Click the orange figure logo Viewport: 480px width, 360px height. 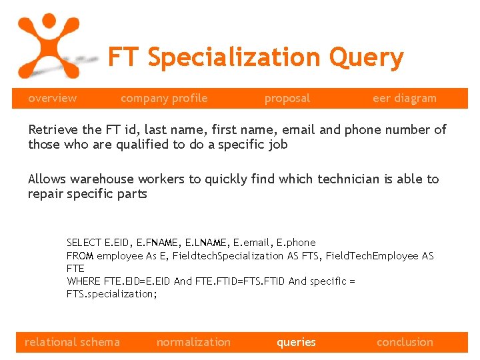(x=47, y=44)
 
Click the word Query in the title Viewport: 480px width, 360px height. (x=366, y=58)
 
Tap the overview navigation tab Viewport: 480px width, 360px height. (x=52, y=98)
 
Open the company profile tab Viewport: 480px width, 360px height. (x=164, y=98)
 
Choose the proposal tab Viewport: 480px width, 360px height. (x=287, y=98)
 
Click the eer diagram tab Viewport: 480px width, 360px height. (x=405, y=98)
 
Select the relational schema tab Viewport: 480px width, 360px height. (x=72, y=342)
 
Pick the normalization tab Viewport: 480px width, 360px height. (x=193, y=342)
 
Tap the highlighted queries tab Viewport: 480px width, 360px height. (x=296, y=342)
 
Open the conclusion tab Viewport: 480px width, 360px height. (x=405, y=342)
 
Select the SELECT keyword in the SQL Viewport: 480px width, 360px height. (x=83, y=243)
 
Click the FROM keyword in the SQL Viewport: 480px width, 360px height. (x=80, y=255)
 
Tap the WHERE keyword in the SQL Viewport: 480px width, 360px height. (x=83, y=281)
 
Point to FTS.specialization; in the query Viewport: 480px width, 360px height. (x=112, y=294)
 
